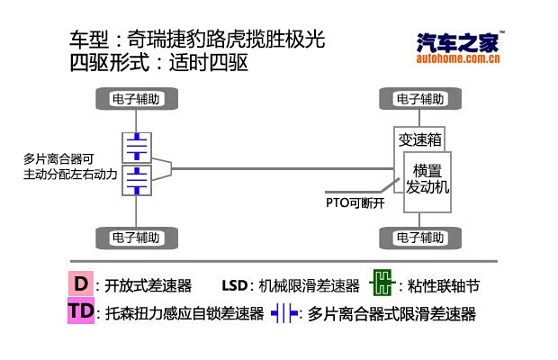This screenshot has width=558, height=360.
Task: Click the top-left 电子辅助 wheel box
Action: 136,98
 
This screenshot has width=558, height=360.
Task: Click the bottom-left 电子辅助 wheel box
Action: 136,238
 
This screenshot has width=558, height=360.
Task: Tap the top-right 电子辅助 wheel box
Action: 419,98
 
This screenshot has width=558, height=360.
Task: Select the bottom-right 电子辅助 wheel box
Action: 419,238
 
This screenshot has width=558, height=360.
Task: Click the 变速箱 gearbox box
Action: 419,139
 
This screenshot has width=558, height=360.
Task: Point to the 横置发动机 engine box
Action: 426,179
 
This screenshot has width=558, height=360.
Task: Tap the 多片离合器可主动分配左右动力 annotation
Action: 70,166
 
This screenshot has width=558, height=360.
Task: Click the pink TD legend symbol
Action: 81,312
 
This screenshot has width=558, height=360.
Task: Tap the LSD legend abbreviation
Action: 234,286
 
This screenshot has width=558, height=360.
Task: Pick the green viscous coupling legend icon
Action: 382,284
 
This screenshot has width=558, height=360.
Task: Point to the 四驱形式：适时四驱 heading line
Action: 158,64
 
